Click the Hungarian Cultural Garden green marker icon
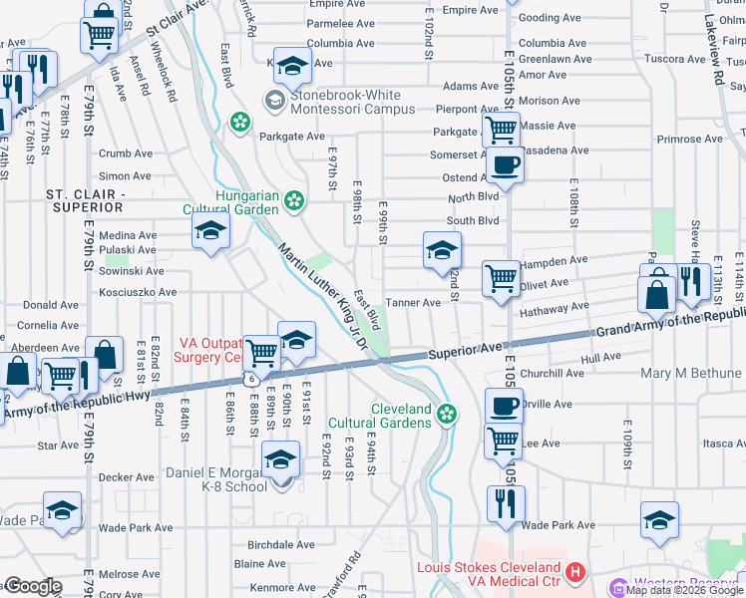[294, 200]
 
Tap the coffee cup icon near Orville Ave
[504, 406]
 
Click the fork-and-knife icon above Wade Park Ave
[506, 503]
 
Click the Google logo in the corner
[32, 586]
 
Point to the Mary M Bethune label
[692, 374]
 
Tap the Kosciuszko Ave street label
[139, 293]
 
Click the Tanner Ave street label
[413, 303]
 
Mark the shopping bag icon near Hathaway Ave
[658, 295]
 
